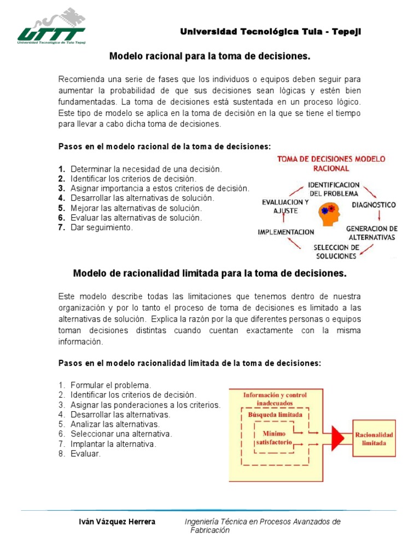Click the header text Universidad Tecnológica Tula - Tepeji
click(x=271, y=32)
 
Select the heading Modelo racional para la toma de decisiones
click(x=210, y=56)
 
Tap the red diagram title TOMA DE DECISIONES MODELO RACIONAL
click(x=331, y=164)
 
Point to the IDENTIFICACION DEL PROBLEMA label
click(x=334, y=189)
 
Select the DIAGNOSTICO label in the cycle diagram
click(x=374, y=205)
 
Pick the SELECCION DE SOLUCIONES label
click(x=336, y=252)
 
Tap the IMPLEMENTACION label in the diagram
click(x=285, y=232)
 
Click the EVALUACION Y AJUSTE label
click(x=285, y=206)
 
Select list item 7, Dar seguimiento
click(x=101, y=227)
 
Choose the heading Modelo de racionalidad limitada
click(x=210, y=273)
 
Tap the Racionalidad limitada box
click(x=374, y=438)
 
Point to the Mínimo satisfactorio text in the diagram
click(x=276, y=437)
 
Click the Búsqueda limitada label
click(x=275, y=415)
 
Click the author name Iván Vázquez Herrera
click(x=118, y=522)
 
